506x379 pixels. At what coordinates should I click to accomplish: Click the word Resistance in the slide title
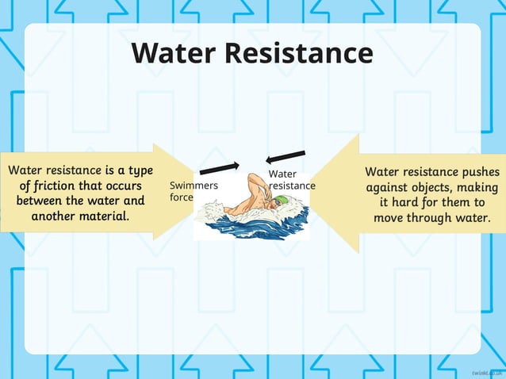pyautogui.click(x=298, y=53)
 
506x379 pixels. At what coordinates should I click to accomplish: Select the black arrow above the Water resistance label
pyautogui.click(x=286, y=156)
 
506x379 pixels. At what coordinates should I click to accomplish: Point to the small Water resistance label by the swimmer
pyautogui.click(x=291, y=180)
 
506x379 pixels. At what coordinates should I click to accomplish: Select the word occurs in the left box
pyautogui.click(x=118, y=186)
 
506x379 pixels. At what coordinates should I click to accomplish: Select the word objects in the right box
pyautogui.click(x=443, y=187)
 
